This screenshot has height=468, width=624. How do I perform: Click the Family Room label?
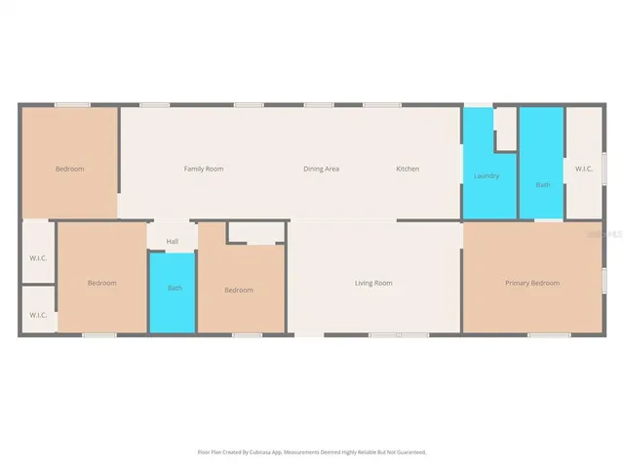tap(204, 169)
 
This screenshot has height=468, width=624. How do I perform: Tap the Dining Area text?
tap(321, 169)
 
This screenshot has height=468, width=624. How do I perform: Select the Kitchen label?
tap(408, 169)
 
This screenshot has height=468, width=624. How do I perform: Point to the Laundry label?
tap(487, 175)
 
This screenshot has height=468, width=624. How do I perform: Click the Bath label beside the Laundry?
tap(542, 184)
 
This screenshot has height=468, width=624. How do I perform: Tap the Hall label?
tap(173, 241)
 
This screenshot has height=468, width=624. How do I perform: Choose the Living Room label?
tap(372, 283)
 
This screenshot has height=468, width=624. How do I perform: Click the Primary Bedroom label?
tap(532, 283)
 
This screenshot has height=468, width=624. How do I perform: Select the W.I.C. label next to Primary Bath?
tap(584, 169)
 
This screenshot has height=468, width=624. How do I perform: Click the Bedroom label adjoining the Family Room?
tap(69, 169)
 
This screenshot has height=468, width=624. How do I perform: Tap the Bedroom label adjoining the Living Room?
tap(239, 290)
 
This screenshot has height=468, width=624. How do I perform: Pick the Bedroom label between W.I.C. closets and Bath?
tap(102, 283)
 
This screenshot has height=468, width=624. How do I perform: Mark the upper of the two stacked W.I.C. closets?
tap(38, 258)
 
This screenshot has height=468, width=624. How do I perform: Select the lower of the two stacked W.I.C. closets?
tap(38, 315)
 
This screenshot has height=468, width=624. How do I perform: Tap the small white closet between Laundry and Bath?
tap(505, 129)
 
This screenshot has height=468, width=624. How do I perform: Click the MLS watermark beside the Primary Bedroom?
tap(613, 236)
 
